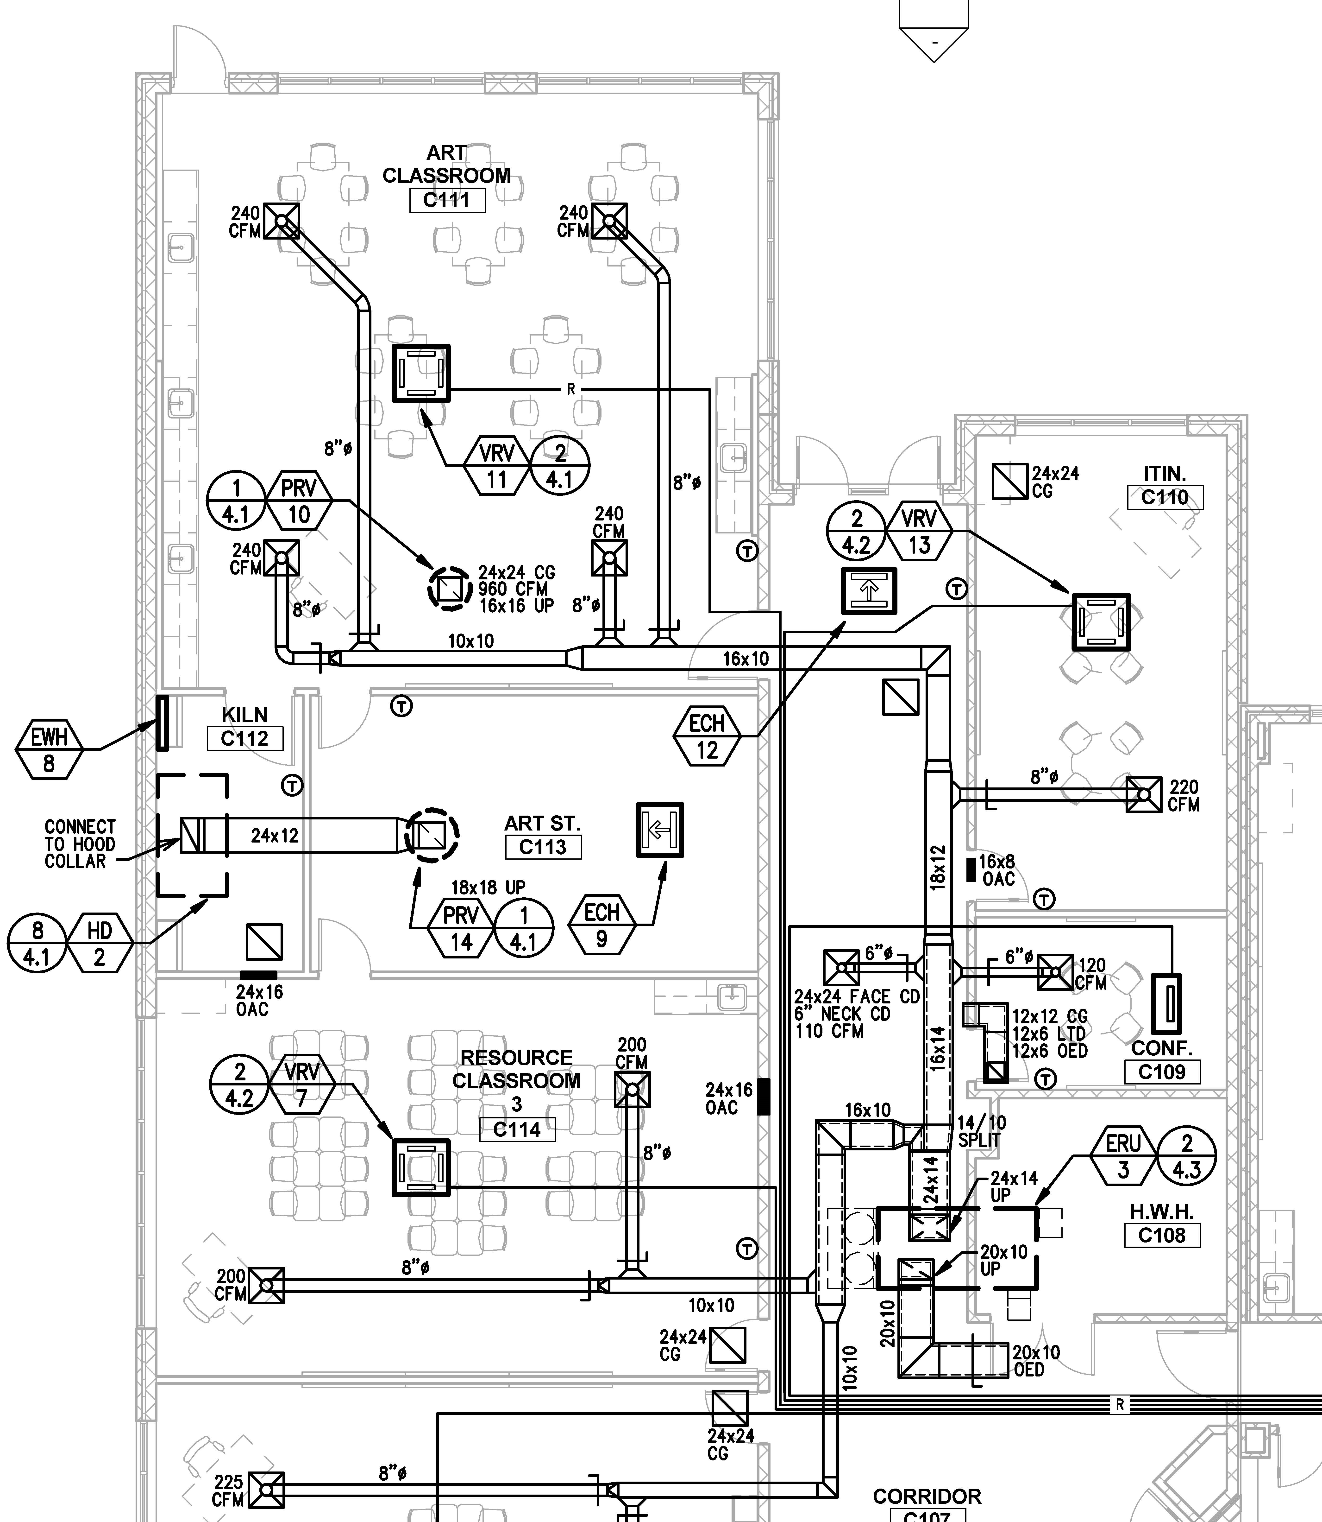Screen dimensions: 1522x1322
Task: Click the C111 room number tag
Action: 447,200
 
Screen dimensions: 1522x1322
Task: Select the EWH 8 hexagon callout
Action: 49,749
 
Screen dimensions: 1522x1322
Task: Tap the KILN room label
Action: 244,715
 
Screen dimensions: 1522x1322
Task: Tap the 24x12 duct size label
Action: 275,836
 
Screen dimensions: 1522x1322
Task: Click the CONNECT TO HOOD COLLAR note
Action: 80,844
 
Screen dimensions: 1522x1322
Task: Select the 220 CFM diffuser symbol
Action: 1143,795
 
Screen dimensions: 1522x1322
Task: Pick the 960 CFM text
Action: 513,589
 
